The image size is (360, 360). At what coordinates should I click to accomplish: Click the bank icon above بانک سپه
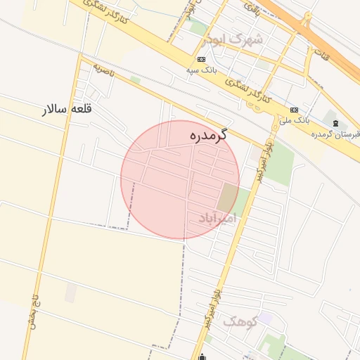tap(202, 59)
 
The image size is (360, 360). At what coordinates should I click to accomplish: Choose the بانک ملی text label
tap(294, 121)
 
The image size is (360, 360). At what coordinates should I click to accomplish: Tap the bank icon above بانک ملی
tap(294, 110)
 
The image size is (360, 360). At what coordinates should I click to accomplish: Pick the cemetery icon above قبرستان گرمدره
tap(335, 123)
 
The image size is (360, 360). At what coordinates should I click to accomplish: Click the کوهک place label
tap(240, 322)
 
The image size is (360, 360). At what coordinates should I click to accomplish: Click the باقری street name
tap(251, 9)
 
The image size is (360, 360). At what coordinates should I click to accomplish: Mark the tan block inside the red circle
tap(227, 197)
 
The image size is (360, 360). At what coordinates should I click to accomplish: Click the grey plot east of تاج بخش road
tap(70, 293)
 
